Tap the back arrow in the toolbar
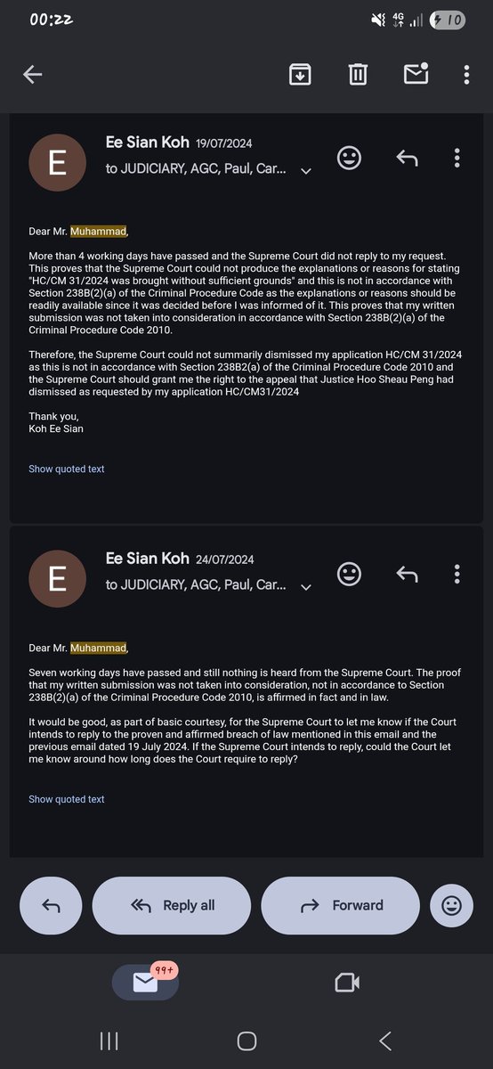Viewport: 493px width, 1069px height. pyautogui.click(x=33, y=75)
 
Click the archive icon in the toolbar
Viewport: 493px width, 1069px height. pyautogui.click(x=300, y=75)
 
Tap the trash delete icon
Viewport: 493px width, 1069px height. pyautogui.click(x=358, y=75)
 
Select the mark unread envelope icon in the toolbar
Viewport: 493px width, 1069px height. pyautogui.click(x=416, y=74)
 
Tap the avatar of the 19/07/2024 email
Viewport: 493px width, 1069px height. pyautogui.click(x=58, y=163)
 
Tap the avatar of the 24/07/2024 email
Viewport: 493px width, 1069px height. pyautogui.click(x=58, y=578)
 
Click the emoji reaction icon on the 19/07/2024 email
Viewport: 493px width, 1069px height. pyautogui.click(x=350, y=159)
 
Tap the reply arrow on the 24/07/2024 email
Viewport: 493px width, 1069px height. pyautogui.click(x=407, y=574)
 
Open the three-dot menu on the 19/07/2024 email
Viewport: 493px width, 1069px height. pyautogui.click(x=457, y=159)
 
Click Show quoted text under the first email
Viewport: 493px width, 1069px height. pyautogui.click(x=67, y=469)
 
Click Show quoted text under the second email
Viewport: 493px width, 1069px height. pyautogui.click(x=67, y=799)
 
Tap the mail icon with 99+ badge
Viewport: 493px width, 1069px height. pyautogui.click(x=145, y=982)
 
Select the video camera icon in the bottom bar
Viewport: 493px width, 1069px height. pyautogui.click(x=346, y=983)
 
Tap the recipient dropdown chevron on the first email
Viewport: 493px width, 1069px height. pyautogui.click(x=306, y=171)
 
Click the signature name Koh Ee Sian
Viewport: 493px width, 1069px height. pyautogui.click(x=57, y=428)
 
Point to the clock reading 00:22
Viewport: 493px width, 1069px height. pyautogui.click(x=52, y=20)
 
